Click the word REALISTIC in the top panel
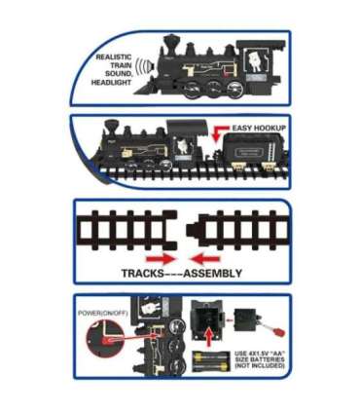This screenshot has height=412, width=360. pyautogui.click(x=114, y=57)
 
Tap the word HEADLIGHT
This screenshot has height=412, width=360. pyautogui.click(x=111, y=83)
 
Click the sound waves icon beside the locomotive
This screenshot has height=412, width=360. pyautogui.click(x=145, y=65)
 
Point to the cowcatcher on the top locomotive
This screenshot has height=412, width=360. pyautogui.click(x=144, y=88)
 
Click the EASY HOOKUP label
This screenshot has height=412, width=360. pyautogui.click(x=259, y=128)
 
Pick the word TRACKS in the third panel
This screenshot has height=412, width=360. pyautogui.click(x=143, y=273)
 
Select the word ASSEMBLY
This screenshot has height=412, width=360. pyautogui.click(x=213, y=273)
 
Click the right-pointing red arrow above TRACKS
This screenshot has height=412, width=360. pyautogui.click(x=161, y=259)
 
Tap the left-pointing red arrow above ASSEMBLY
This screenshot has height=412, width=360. pyautogui.click(x=205, y=259)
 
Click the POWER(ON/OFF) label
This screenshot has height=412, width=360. pyautogui.click(x=103, y=314)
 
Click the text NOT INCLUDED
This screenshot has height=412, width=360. pyautogui.click(x=260, y=365)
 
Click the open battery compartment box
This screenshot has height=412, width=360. pyautogui.click(x=207, y=319)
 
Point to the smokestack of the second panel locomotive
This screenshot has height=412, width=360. pyautogui.click(x=112, y=128)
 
